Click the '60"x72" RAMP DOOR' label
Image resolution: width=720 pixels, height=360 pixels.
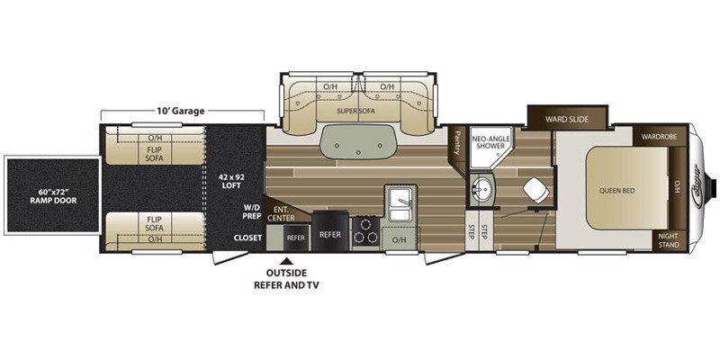[x=49, y=195]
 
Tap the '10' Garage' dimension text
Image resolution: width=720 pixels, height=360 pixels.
[x=180, y=112]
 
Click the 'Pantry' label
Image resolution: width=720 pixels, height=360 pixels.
[x=460, y=139]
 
